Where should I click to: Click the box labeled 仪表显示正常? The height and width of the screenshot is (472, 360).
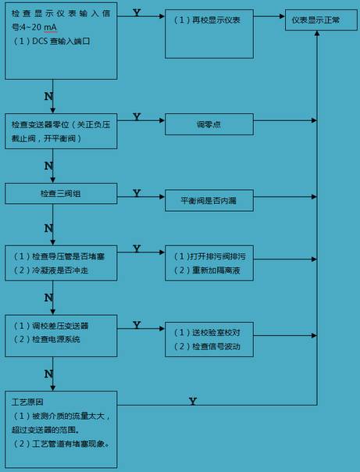coord(321,20)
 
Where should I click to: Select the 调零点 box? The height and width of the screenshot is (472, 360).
coord(209,124)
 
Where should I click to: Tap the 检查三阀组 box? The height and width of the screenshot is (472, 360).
coord(61,194)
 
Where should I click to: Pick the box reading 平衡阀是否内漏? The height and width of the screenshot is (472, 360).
coord(209,201)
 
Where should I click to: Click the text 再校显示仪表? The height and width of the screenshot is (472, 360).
coord(216,20)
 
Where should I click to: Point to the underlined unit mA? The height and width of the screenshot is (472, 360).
coord(50,27)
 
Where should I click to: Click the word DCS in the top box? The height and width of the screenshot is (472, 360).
coord(40,41)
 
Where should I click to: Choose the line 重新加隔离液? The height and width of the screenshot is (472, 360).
coord(207,270)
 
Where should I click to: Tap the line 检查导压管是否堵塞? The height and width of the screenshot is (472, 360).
coord(59,256)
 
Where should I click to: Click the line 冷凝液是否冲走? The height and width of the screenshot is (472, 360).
coord(51,270)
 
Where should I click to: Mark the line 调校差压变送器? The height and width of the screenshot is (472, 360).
coord(51,326)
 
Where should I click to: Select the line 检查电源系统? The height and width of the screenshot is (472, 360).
coord(47,340)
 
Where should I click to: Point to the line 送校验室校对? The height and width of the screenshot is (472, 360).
coord(207,333)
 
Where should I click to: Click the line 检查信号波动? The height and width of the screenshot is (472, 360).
coord(207,346)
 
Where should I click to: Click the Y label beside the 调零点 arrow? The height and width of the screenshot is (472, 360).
coord(137,116)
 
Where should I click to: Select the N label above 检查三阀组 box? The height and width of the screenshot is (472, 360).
coord(48,166)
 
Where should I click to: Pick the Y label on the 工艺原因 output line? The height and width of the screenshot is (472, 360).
coord(193,401)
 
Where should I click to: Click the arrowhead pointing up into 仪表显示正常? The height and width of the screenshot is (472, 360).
coord(317,33)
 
